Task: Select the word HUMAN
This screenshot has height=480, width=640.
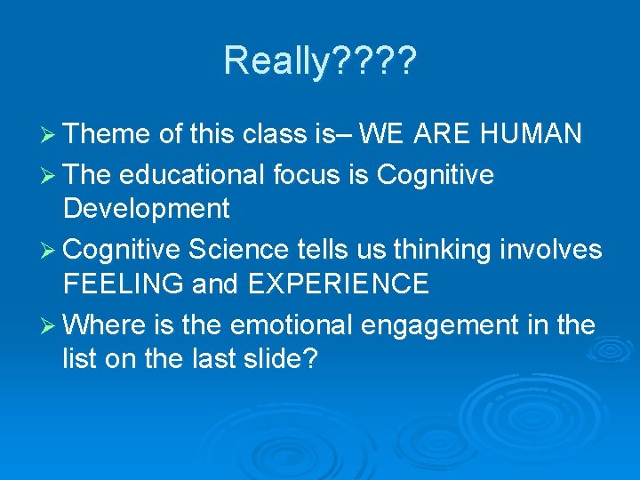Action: (x=532, y=134)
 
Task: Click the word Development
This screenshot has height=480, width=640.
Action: (x=147, y=209)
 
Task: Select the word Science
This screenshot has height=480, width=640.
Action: (x=237, y=251)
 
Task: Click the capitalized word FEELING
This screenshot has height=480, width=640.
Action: (x=124, y=284)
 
